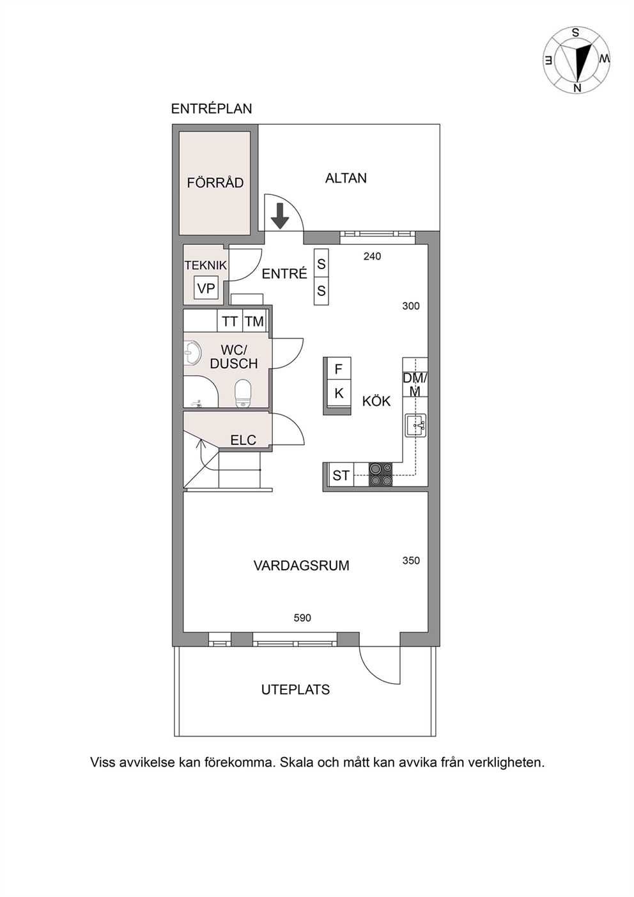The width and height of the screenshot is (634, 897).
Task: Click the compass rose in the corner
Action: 576,61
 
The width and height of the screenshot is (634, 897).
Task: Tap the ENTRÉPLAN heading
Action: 212,109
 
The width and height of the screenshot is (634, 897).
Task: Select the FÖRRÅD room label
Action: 215,183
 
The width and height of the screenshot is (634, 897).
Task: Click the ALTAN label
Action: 346,178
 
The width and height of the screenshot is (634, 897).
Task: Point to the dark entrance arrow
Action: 280,216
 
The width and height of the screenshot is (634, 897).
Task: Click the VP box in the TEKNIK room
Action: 206,288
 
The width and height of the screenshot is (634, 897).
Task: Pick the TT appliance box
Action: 229,321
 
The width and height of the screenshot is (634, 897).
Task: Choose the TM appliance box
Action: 254,321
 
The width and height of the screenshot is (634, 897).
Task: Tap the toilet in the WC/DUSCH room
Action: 243,394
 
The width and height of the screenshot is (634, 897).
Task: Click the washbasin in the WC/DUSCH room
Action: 192,354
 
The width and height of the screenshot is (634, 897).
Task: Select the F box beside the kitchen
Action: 339,369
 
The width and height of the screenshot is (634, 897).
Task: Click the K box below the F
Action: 339,393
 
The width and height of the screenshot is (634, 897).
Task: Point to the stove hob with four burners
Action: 380,474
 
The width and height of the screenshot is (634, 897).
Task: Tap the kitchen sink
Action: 415,425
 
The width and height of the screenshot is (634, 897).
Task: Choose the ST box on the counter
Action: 341,475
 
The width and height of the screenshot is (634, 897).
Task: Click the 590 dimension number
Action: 302,618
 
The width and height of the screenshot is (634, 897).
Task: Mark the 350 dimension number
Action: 411,560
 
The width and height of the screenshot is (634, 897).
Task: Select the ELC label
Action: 243,440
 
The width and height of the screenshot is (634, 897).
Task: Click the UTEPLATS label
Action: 295,690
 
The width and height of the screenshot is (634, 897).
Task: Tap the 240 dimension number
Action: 372,256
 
